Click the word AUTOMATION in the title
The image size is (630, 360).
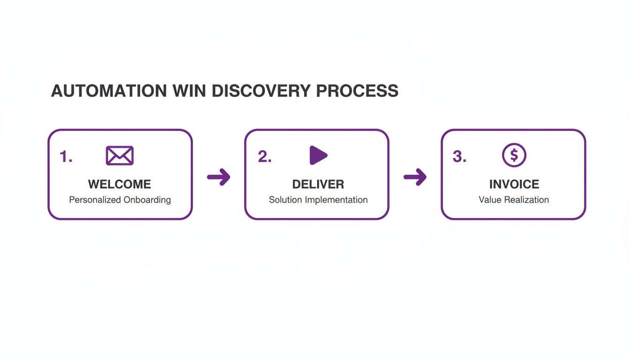(x=108, y=91)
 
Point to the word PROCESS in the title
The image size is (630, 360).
(x=357, y=91)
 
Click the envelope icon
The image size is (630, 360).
(x=120, y=156)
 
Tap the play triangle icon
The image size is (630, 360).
(x=318, y=155)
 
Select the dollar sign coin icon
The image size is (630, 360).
(x=514, y=155)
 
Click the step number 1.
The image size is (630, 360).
(x=66, y=157)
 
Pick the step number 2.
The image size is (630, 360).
(x=264, y=157)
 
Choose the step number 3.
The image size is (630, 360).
(x=459, y=157)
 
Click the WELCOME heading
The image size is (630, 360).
(x=120, y=184)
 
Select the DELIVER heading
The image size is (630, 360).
(x=318, y=184)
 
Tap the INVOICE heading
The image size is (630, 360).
(x=514, y=184)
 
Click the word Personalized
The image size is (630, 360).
(x=95, y=200)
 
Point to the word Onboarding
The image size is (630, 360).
(x=147, y=200)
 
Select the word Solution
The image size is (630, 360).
(x=285, y=200)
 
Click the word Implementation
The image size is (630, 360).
(x=336, y=200)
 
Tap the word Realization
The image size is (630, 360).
(x=526, y=200)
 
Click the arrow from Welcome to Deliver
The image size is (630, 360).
(x=218, y=177)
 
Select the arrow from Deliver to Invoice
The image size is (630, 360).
(x=415, y=177)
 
